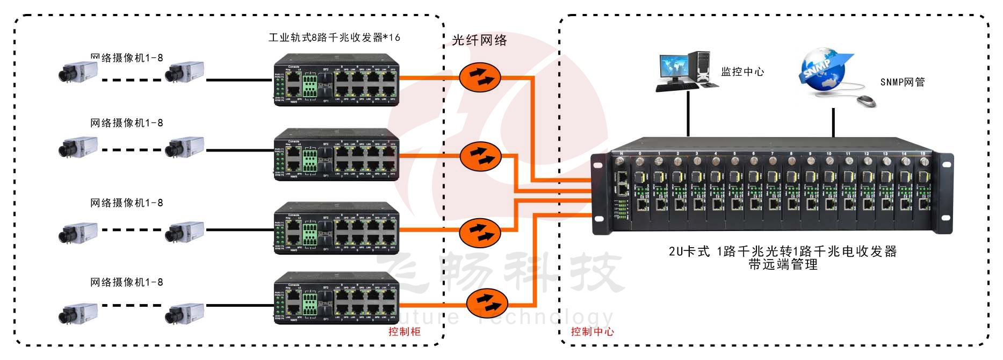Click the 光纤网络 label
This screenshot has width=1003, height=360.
click(479, 40)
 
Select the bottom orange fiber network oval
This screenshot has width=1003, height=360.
click(487, 303)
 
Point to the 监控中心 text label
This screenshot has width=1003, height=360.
click(742, 72)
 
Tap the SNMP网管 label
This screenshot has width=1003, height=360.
click(903, 82)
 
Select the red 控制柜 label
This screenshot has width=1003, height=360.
click(405, 332)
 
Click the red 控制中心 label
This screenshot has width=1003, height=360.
click(592, 332)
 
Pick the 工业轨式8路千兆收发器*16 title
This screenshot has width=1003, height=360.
click(334, 38)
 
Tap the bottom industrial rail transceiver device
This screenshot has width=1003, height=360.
click(337, 298)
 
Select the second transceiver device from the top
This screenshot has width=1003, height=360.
click(337, 155)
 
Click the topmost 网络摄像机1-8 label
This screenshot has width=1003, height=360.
click(127, 57)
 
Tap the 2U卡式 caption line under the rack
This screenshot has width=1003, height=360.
click(782, 251)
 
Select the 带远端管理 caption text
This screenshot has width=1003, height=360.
click(783, 264)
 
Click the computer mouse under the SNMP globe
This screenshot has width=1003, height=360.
click(865, 100)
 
